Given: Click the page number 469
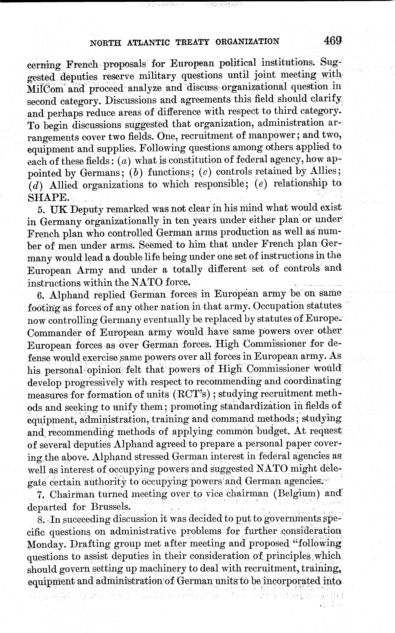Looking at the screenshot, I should pos(332,41).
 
